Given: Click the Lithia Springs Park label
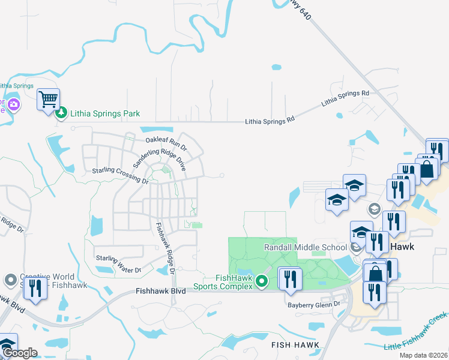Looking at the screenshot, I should coord(105,113).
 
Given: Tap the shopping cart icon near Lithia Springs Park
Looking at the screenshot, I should coord(48,99).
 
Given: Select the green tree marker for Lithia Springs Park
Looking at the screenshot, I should coord(61,113).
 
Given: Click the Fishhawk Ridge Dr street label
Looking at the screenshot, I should coord(164,248).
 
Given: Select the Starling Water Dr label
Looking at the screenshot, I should coord(118,264).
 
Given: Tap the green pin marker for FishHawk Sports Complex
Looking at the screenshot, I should coord(261,280).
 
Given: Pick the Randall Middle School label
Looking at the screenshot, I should coord(306,247).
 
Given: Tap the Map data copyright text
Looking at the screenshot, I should coord(424,355).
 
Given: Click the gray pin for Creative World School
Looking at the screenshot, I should coord(10,280).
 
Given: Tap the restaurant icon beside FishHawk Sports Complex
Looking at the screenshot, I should coord(289,279).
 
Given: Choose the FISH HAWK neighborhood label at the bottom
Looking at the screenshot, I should coord(295,345).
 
